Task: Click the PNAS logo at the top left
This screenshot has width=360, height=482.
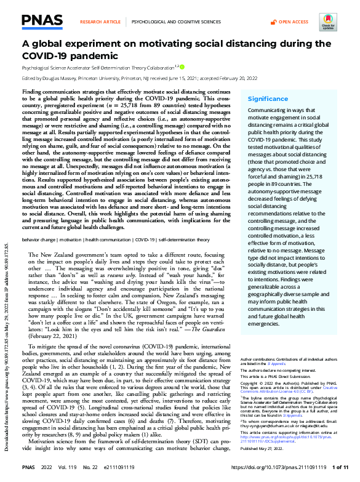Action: [42, 21]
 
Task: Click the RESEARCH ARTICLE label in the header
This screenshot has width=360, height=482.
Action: [100, 22]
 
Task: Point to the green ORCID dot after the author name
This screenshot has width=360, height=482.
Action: [182, 66]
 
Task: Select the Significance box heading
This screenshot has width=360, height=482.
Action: [267, 98]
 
